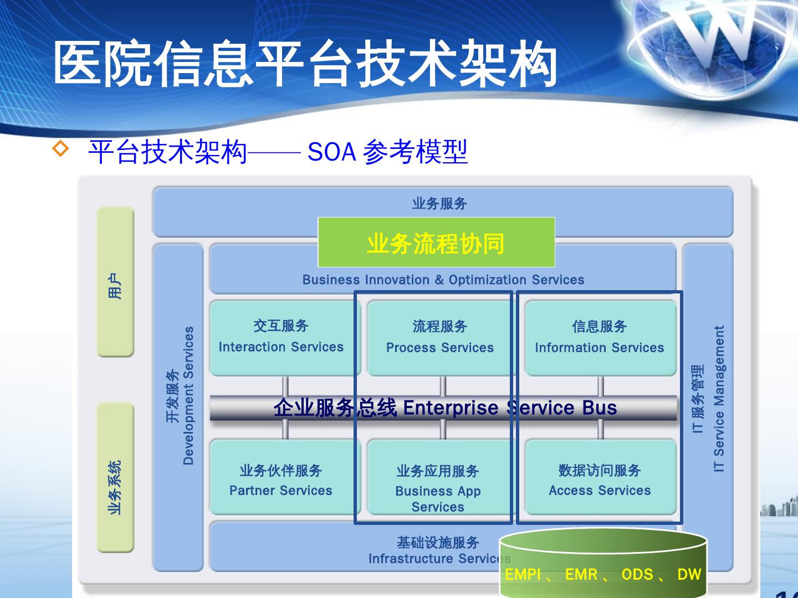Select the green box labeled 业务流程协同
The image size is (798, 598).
pos(436,243)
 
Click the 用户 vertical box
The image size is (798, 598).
pos(115,282)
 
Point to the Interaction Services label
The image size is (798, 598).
pos(281,347)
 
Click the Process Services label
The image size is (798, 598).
pos(439,348)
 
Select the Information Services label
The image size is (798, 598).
pos(599,348)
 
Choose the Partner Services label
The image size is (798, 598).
pos(281,491)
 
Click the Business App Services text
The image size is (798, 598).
pos(438,498)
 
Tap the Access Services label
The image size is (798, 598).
pos(600,491)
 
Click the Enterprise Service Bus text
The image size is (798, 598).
pos(510,408)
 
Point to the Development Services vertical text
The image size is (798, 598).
pos(188,395)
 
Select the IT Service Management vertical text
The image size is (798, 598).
pos(719,399)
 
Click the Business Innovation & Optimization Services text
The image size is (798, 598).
pos(443,280)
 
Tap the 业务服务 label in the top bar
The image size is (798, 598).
pos(439,204)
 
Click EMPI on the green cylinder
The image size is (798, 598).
pos(523,575)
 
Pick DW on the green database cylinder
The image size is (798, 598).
pos(689,575)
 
